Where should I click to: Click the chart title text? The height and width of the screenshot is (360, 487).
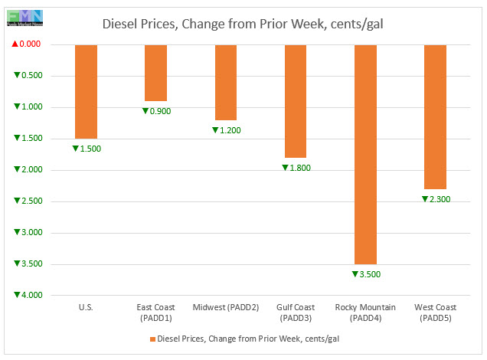coord(243,24)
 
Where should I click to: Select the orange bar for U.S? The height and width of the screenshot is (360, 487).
coord(86,91)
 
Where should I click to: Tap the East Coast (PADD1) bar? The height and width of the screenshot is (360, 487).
coord(155,73)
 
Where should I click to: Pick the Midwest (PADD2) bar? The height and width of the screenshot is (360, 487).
coord(225,82)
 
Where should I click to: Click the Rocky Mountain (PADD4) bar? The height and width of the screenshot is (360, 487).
coord(365,154)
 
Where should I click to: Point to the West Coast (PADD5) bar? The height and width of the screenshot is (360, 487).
coord(435,116)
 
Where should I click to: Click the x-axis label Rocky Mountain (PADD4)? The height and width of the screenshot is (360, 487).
coord(365,313)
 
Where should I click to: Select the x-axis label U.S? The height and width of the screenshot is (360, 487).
coord(86,308)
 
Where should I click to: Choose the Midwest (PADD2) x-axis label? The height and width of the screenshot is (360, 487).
coord(225,308)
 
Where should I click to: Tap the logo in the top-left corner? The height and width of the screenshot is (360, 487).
coord(23,15)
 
